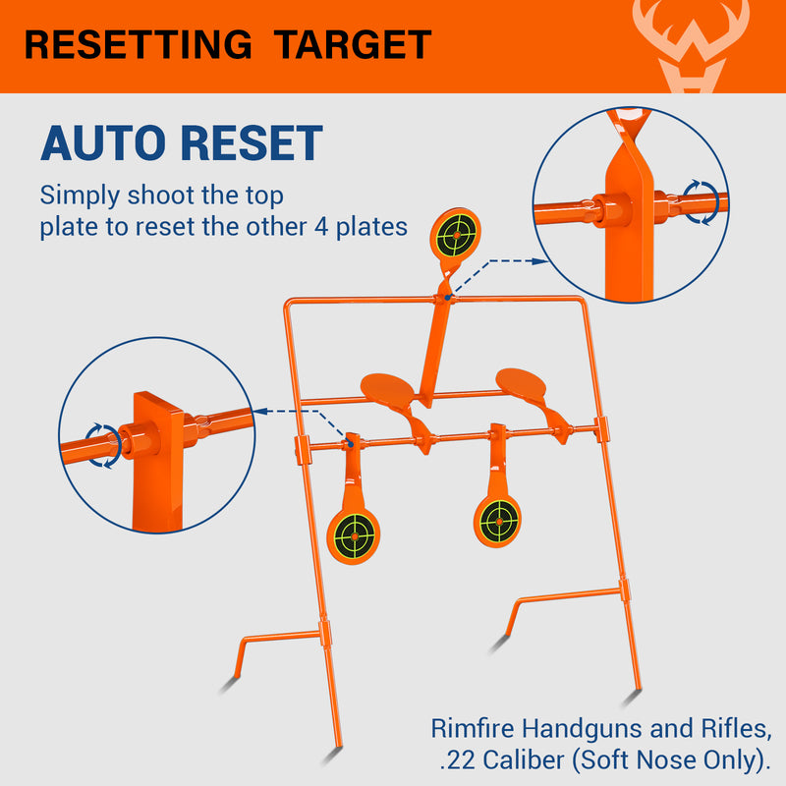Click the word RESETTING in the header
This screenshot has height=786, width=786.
click(x=140, y=45)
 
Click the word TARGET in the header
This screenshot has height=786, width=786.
click(x=352, y=45)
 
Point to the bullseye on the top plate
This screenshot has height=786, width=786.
click(x=455, y=233)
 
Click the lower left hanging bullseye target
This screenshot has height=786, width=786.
click(x=354, y=535)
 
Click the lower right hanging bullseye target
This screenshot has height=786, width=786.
click(x=498, y=515)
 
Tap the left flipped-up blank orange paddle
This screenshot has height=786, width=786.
click(x=389, y=388)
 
